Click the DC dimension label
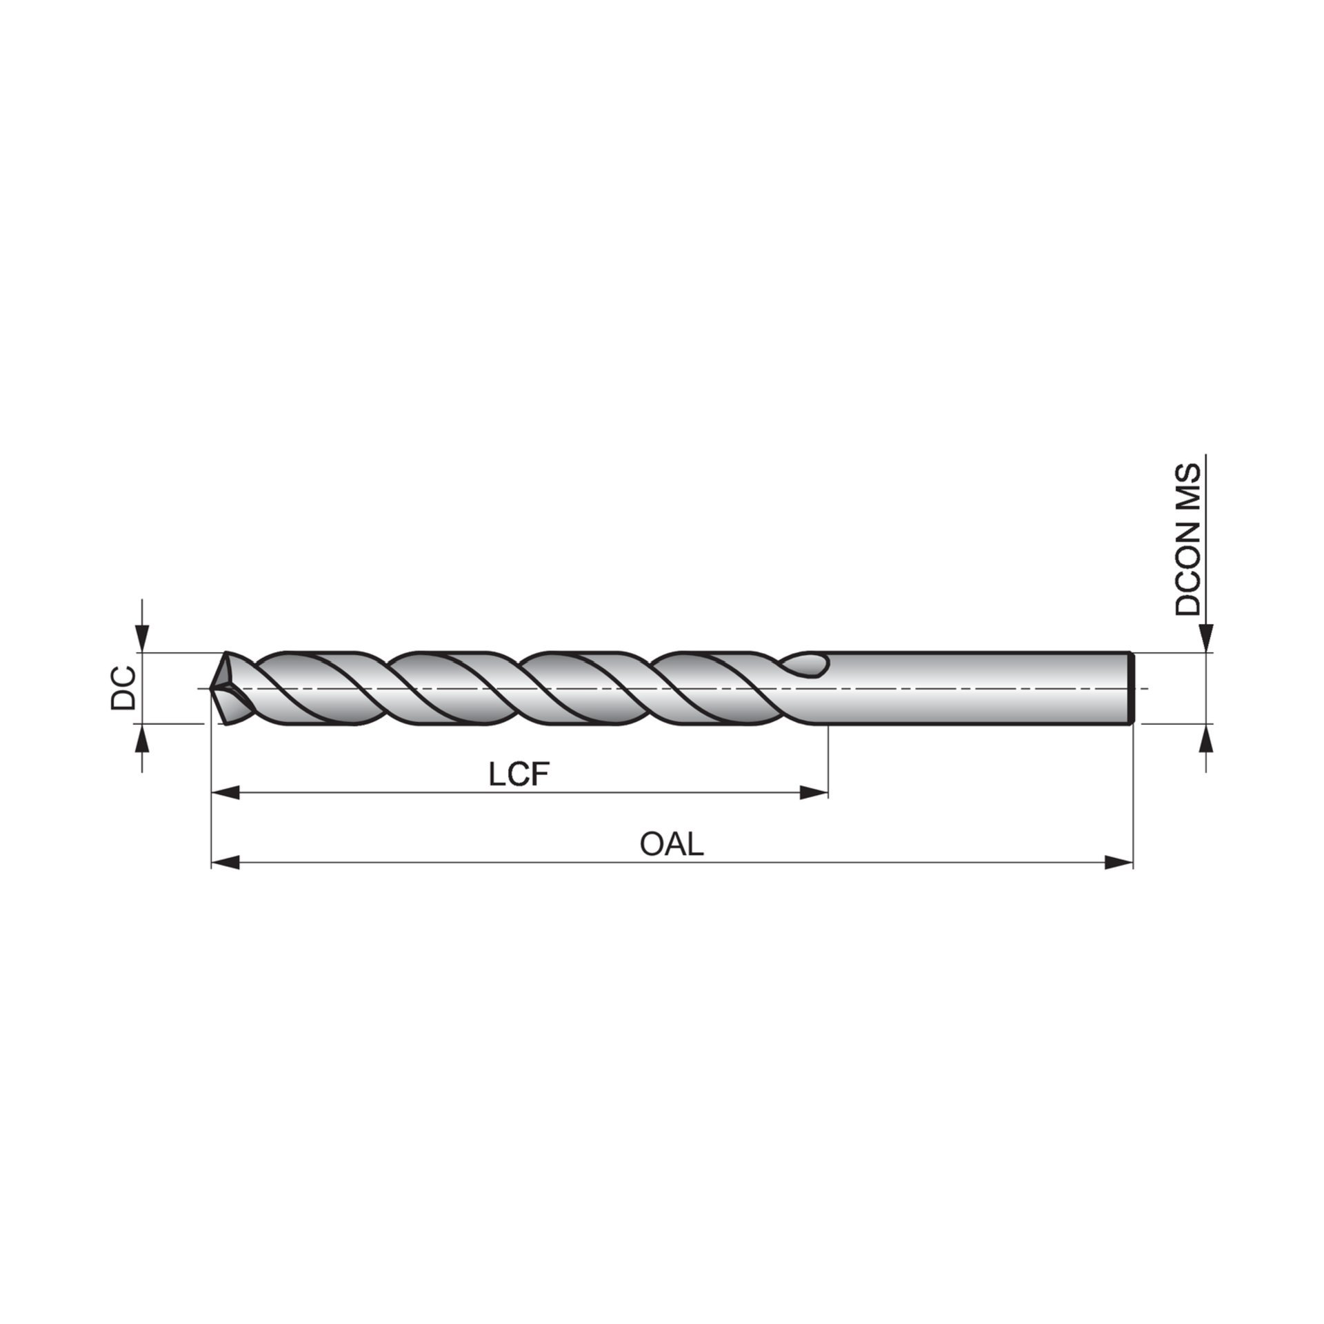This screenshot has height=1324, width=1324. click(123, 688)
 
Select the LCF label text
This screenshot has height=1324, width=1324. click(519, 776)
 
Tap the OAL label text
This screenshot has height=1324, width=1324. click(672, 844)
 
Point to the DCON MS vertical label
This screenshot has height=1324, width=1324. click(1188, 539)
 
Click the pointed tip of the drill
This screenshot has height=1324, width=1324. click(211, 688)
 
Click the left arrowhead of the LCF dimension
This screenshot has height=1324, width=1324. click(225, 793)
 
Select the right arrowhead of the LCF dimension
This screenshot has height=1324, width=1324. click(814, 793)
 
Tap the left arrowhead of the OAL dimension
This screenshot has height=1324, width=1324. click(225, 862)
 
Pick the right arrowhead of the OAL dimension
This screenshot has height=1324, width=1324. click(1119, 862)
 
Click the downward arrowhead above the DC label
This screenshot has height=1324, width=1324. click(142, 638)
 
